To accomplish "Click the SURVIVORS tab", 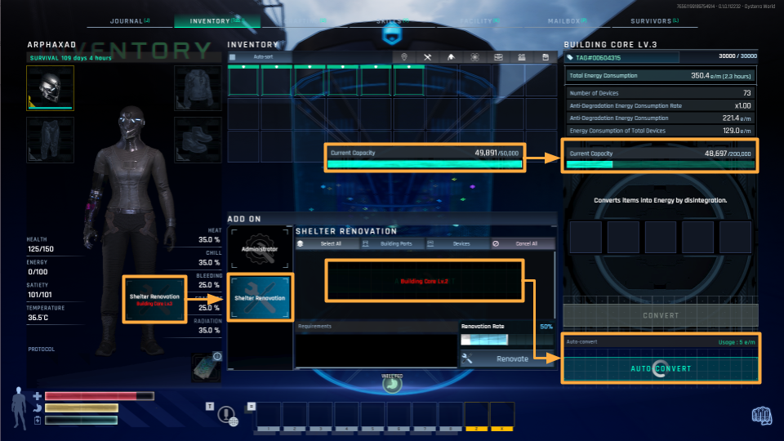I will (656, 21).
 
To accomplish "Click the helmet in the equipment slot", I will (50, 87).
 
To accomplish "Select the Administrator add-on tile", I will (260, 248).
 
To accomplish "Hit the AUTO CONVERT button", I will (661, 368).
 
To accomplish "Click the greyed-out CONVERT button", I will (661, 315).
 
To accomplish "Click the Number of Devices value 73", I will (746, 93).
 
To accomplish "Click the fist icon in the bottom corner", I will (761, 416).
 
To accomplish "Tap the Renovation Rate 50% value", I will (547, 326).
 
